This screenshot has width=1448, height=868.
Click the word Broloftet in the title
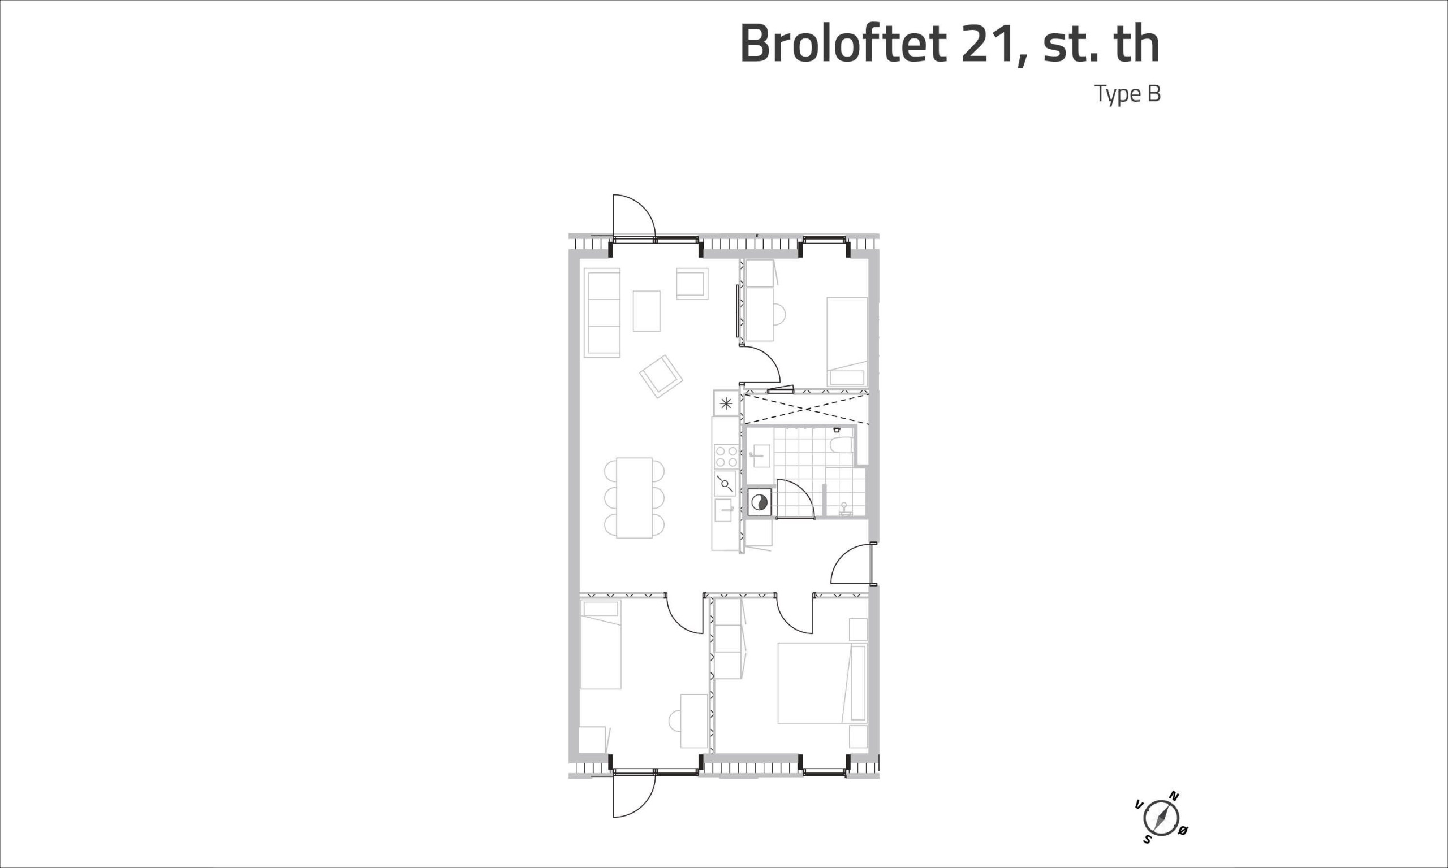click(x=843, y=45)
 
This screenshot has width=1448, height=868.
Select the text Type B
click(x=1127, y=94)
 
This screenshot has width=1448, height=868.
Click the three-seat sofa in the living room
click(x=602, y=313)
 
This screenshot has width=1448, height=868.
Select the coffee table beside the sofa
click(x=647, y=311)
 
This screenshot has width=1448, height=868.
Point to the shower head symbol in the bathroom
click(x=843, y=507)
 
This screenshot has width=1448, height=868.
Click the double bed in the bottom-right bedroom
click(x=822, y=683)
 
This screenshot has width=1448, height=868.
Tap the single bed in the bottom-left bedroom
click(x=601, y=644)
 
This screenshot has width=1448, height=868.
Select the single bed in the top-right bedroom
click(x=847, y=341)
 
